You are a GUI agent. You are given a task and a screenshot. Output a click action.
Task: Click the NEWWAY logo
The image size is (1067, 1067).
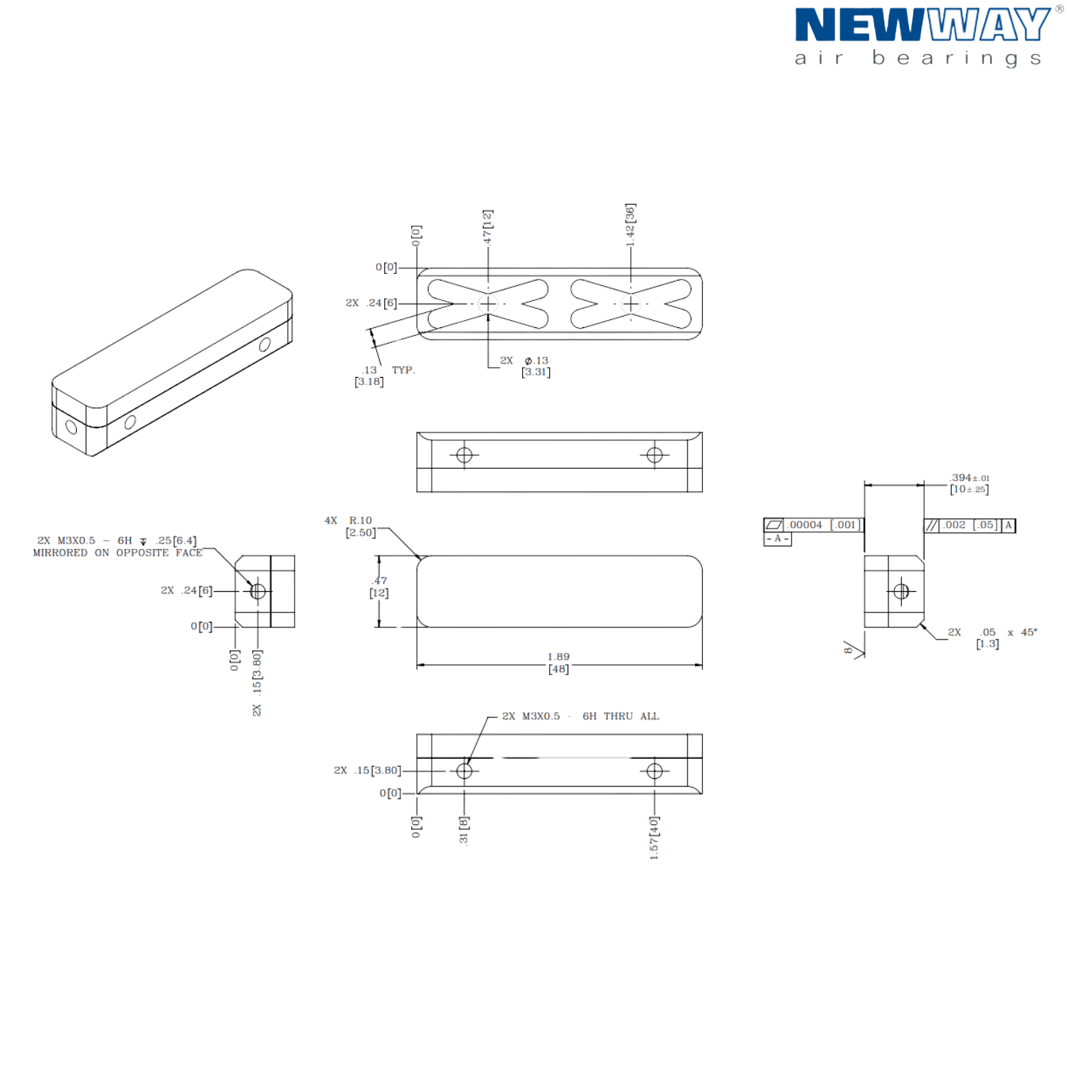pos(923,36)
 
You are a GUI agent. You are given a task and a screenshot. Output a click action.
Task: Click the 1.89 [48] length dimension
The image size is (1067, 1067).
pos(558,663)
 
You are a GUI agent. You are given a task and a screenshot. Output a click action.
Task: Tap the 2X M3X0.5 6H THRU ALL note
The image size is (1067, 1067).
pos(580,716)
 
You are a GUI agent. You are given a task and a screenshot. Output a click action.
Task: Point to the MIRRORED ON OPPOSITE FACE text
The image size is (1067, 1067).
pos(117,553)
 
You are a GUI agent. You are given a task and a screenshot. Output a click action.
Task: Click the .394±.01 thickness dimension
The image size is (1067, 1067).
pos(970,484)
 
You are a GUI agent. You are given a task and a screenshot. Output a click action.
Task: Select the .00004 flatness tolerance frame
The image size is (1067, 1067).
pos(812,525)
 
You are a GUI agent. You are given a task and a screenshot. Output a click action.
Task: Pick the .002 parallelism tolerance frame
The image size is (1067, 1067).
pos(970,526)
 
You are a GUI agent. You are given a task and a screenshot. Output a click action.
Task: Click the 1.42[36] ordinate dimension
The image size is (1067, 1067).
pos(630,225)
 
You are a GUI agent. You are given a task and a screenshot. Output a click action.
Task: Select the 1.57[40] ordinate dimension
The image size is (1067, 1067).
pos(654,838)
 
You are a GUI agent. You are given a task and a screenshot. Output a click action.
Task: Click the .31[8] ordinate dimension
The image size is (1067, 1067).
pos(464,830)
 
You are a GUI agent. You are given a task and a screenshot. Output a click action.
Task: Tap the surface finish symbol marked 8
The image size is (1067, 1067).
pos(853,649)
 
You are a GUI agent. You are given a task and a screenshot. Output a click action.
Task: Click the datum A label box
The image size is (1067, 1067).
pos(777,539)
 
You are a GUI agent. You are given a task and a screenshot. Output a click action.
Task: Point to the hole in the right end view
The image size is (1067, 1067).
pos(901,591)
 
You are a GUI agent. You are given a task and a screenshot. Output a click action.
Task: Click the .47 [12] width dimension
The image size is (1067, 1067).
pos(379,587)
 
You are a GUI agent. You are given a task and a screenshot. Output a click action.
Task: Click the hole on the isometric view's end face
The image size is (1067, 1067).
pos(71,427)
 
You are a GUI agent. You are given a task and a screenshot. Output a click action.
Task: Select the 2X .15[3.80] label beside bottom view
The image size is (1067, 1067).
pos(368,770)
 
